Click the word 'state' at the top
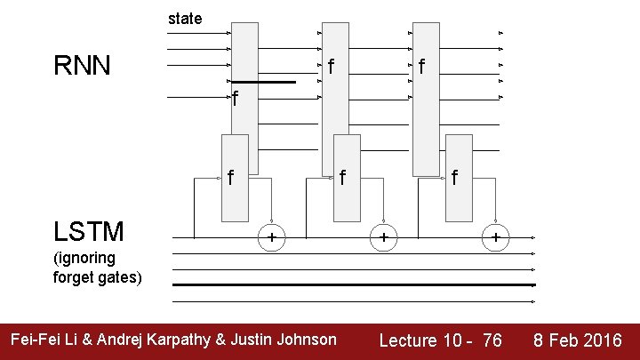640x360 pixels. pos(185,18)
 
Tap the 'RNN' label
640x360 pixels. pos(82,66)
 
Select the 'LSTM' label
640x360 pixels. pos(88,233)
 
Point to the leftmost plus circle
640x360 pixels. pos(271,238)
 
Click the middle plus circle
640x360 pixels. pos(383,238)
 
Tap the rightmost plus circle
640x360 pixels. pos(495,238)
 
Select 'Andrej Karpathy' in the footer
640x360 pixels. pos(158,339)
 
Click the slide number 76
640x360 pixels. pos(492,340)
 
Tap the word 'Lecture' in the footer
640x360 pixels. pos(408,340)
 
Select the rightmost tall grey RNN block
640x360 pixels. pos(426,98)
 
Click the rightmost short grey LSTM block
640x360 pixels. pos(459,178)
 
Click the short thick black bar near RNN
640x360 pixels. pos(264,82)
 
